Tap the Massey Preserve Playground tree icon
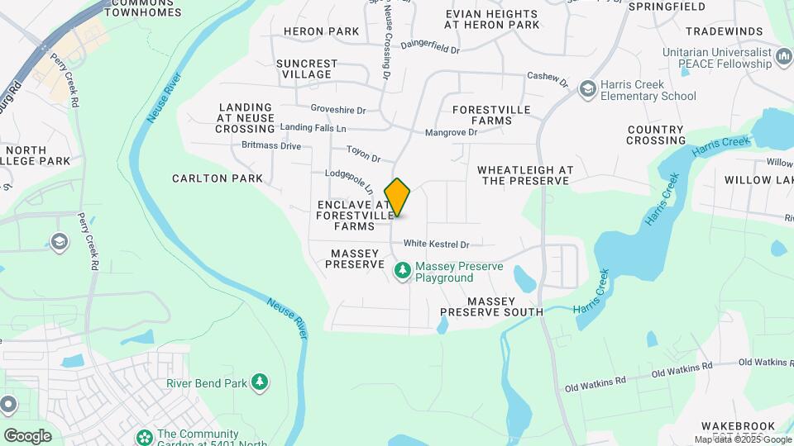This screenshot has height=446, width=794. pyautogui.click(x=403, y=270)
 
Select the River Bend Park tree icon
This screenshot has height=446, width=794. pyautogui.click(x=261, y=382)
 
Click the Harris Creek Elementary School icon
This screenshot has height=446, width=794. pyautogui.click(x=587, y=88)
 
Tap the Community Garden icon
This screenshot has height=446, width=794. pyautogui.click(x=144, y=435)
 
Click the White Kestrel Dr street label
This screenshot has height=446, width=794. pyautogui.click(x=436, y=244)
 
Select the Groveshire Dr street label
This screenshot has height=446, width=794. pyautogui.click(x=338, y=109)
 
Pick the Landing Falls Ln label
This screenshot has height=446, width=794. pyautogui.click(x=313, y=128)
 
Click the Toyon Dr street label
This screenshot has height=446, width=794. pyautogui.click(x=363, y=154)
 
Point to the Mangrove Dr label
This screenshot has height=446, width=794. pyautogui.click(x=451, y=132)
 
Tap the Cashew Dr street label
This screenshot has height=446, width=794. pyautogui.click(x=548, y=79)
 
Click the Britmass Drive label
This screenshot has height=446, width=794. pyautogui.click(x=271, y=146)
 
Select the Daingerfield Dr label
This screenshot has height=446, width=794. pyautogui.click(x=429, y=48)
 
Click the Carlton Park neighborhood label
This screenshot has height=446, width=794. pyautogui.click(x=218, y=178)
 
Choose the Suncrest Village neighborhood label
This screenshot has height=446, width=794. pyautogui.click(x=307, y=69)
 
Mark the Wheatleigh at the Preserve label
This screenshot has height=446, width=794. pyautogui.click(x=525, y=175)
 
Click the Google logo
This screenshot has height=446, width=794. pyautogui.click(x=27, y=435)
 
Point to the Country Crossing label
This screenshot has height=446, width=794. pyautogui.click(x=656, y=135)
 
